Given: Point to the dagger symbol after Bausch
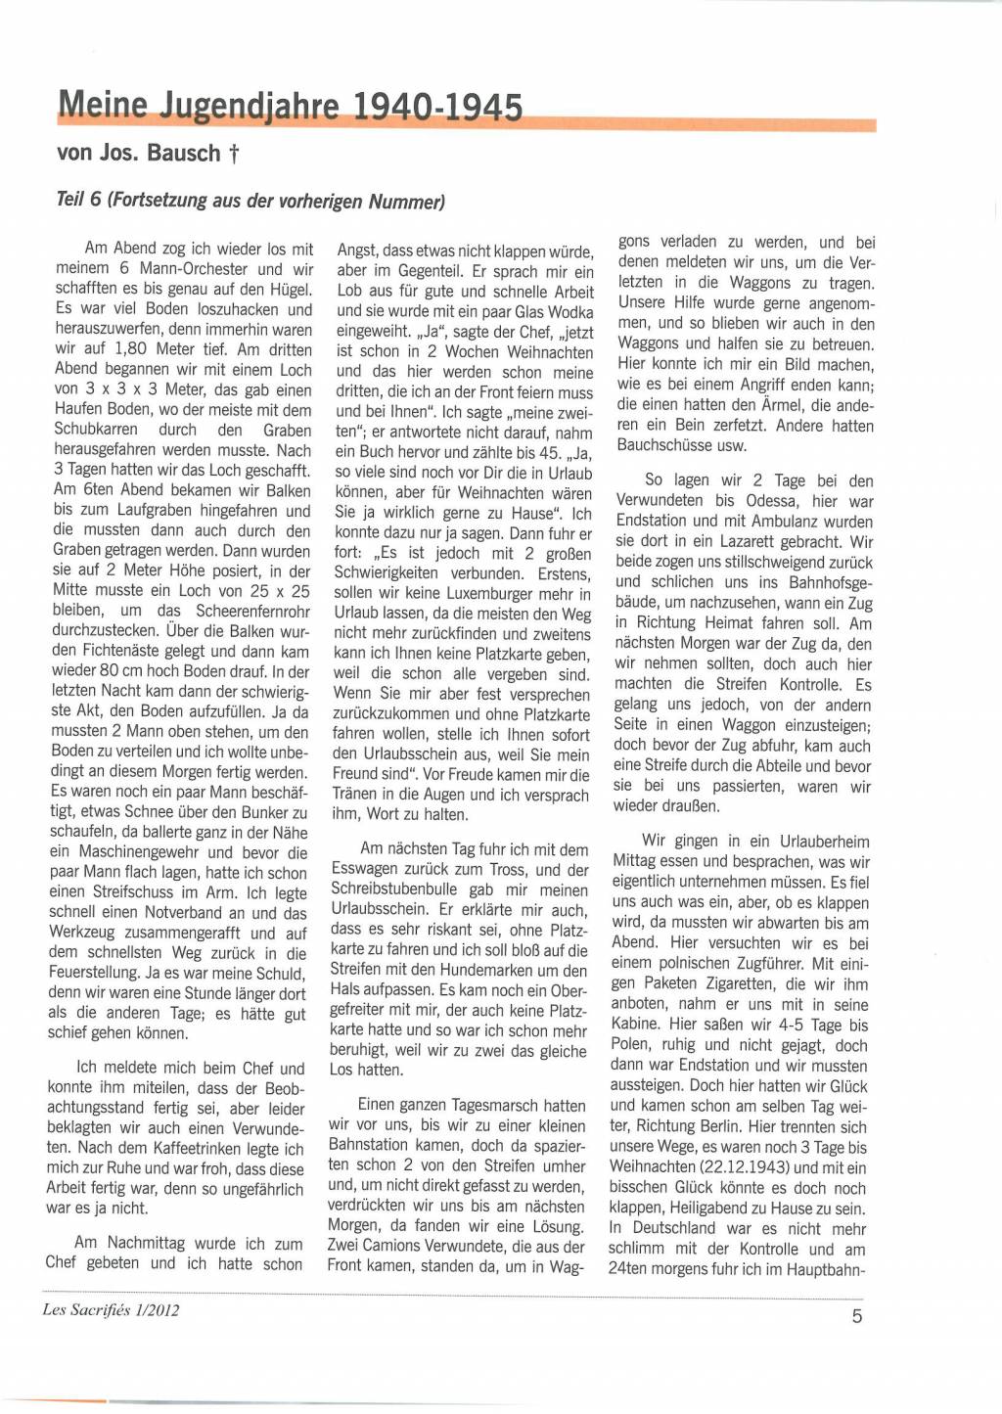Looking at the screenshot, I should click(234, 154).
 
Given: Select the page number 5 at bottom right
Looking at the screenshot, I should click(857, 1316).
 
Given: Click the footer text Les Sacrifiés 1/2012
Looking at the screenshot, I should click(111, 1309).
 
